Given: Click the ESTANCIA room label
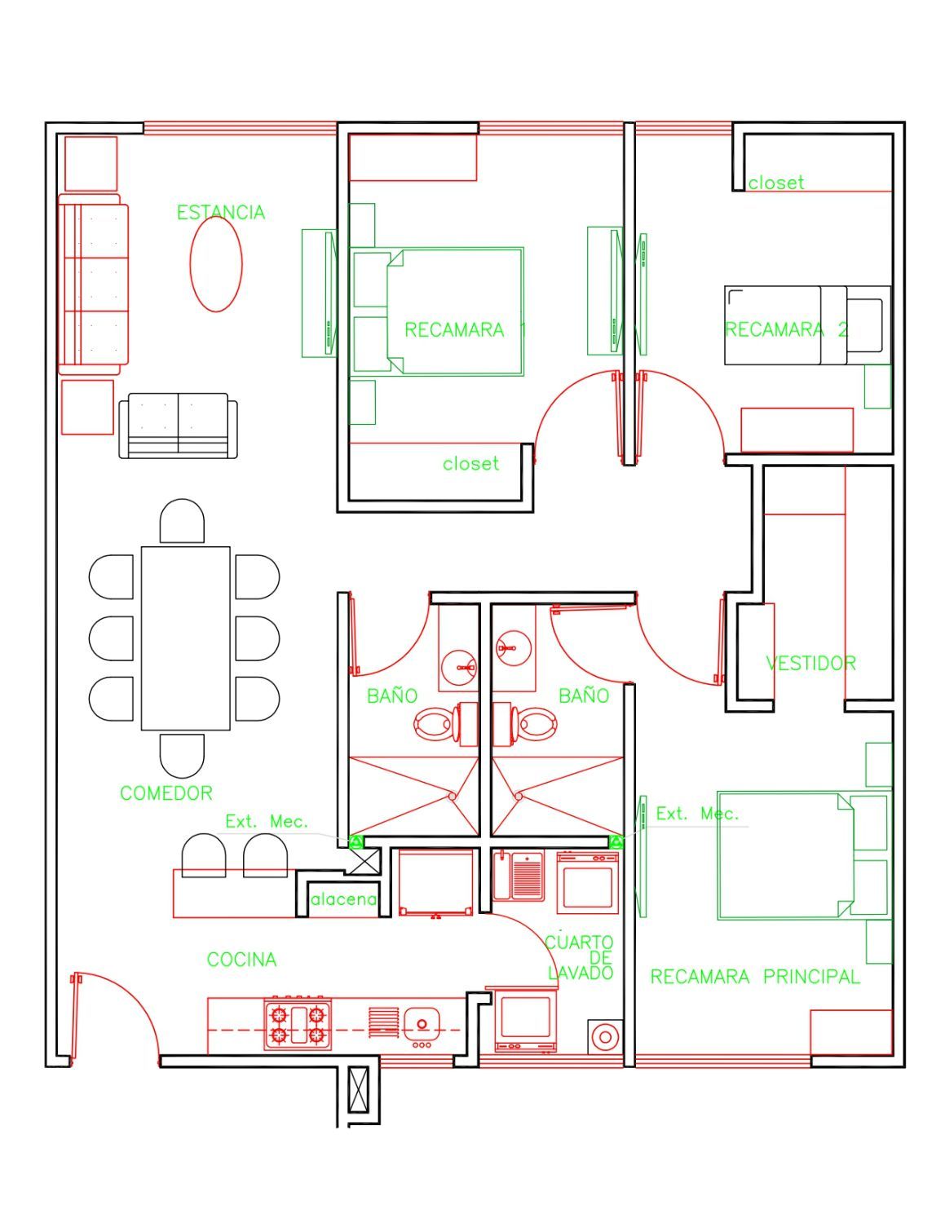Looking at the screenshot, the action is click(x=221, y=212).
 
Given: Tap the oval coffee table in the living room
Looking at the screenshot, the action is click(x=216, y=264).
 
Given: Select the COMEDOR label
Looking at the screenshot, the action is click(x=166, y=793).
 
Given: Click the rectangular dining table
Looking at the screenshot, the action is click(x=185, y=638).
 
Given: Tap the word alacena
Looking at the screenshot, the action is click(x=343, y=899).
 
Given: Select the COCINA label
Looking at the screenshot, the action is click(x=241, y=959).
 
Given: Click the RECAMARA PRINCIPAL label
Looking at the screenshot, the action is click(x=755, y=977).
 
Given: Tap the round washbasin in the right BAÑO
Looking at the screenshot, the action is click(x=514, y=648).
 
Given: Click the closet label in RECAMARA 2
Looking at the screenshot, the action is click(x=776, y=183).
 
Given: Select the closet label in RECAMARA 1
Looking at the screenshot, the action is click(x=470, y=464).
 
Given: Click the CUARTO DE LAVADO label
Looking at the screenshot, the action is click(x=580, y=957).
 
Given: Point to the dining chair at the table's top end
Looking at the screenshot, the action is click(x=182, y=521).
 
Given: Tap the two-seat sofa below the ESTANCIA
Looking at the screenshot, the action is click(x=178, y=426).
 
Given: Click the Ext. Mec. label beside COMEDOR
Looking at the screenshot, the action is click(x=267, y=822).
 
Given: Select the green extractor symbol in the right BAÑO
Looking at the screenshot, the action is click(x=617, y=842).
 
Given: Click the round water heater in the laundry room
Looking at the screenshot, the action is click(x=605, y=1037).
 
